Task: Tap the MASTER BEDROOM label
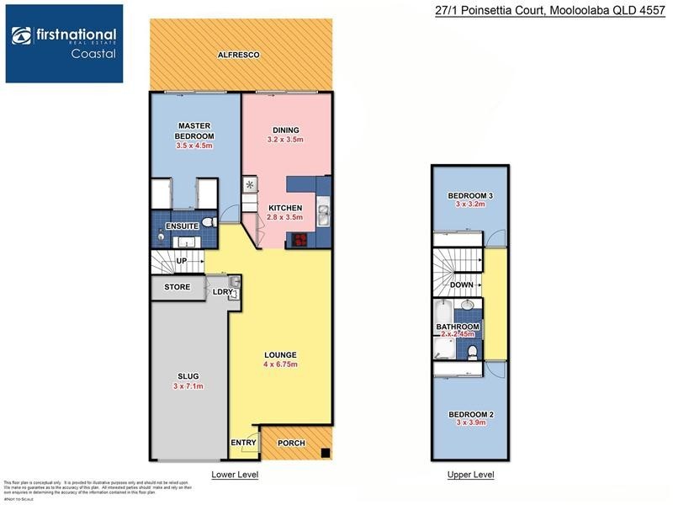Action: [193, 131]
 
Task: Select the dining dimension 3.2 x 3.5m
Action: [284, 140]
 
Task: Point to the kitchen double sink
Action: [323, 215]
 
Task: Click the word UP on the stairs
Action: [183, 261]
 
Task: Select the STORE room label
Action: [177, 287]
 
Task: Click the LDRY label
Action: [222, 292]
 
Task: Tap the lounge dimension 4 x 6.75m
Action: [279, 364]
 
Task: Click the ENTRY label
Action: [243, 443]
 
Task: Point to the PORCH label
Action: [291, 444]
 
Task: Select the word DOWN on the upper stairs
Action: [462, 284]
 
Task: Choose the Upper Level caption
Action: [470, 476]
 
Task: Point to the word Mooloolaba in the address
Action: [579, 10]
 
